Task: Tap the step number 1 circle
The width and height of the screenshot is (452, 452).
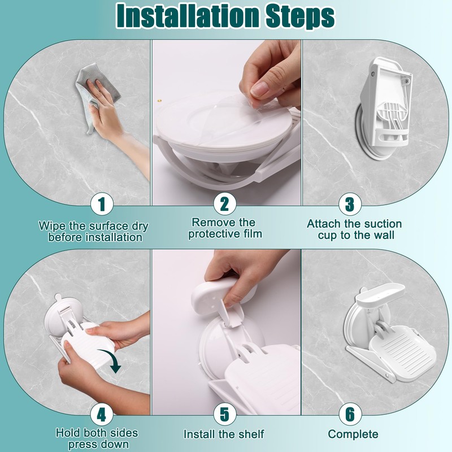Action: click(x=102, y=204)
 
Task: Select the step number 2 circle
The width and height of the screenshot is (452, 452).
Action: click(x=225, y=203)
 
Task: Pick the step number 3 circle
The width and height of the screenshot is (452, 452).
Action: click(x=350, y=204)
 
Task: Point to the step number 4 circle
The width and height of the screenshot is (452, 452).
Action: click(x=102, y=415)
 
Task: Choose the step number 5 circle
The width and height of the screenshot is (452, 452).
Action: click(x=225, y=414)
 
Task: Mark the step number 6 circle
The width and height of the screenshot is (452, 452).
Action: click(x=350, y=414)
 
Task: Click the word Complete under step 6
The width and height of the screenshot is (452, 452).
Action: click(x=353, y=434)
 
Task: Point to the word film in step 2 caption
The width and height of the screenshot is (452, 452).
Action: click(x=251, y=233)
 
